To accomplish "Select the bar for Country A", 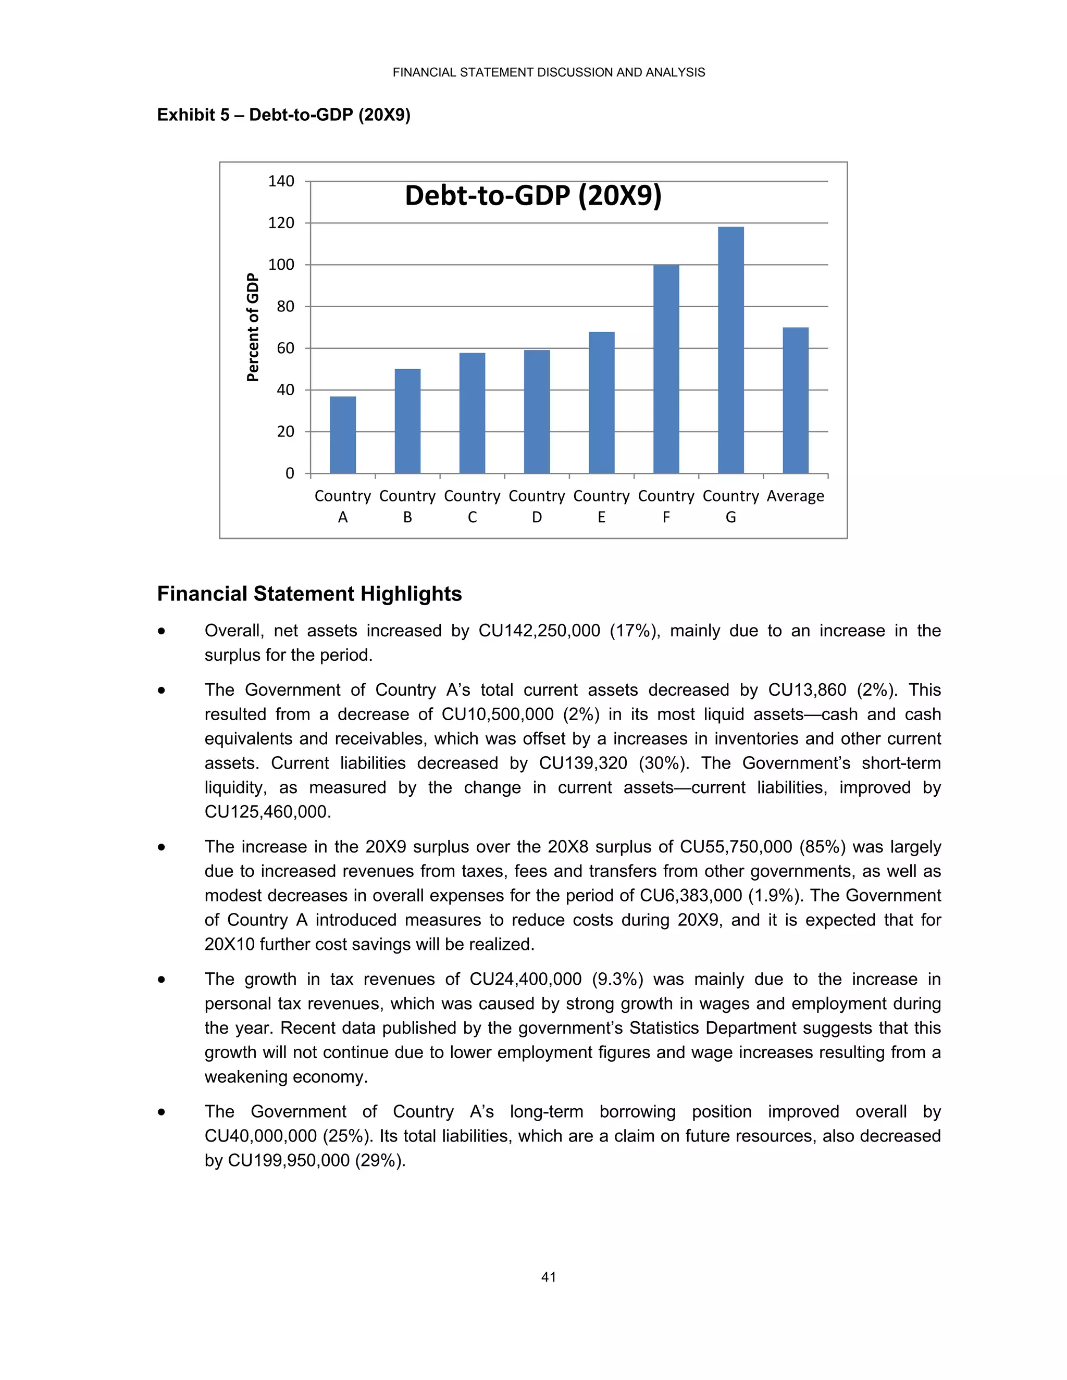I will pos(343,435).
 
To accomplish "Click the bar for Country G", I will pos(731,350).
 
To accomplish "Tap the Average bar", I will pos(795,400).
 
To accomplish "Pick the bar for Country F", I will pos(666,369).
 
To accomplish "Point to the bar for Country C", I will pos(472,413).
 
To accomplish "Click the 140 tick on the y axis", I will pos(281,181).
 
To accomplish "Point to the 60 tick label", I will pos(285,348).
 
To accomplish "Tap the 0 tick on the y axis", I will pos(290,473).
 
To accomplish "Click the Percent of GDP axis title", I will pos(253,328).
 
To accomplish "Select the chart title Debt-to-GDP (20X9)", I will pos(533,195).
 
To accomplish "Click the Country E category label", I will pos(601,506).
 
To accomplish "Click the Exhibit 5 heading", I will pos(284,115).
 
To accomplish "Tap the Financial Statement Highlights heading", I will pos(309,594).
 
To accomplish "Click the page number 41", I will pos(548,1277).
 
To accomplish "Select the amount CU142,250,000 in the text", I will pos(539,631).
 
